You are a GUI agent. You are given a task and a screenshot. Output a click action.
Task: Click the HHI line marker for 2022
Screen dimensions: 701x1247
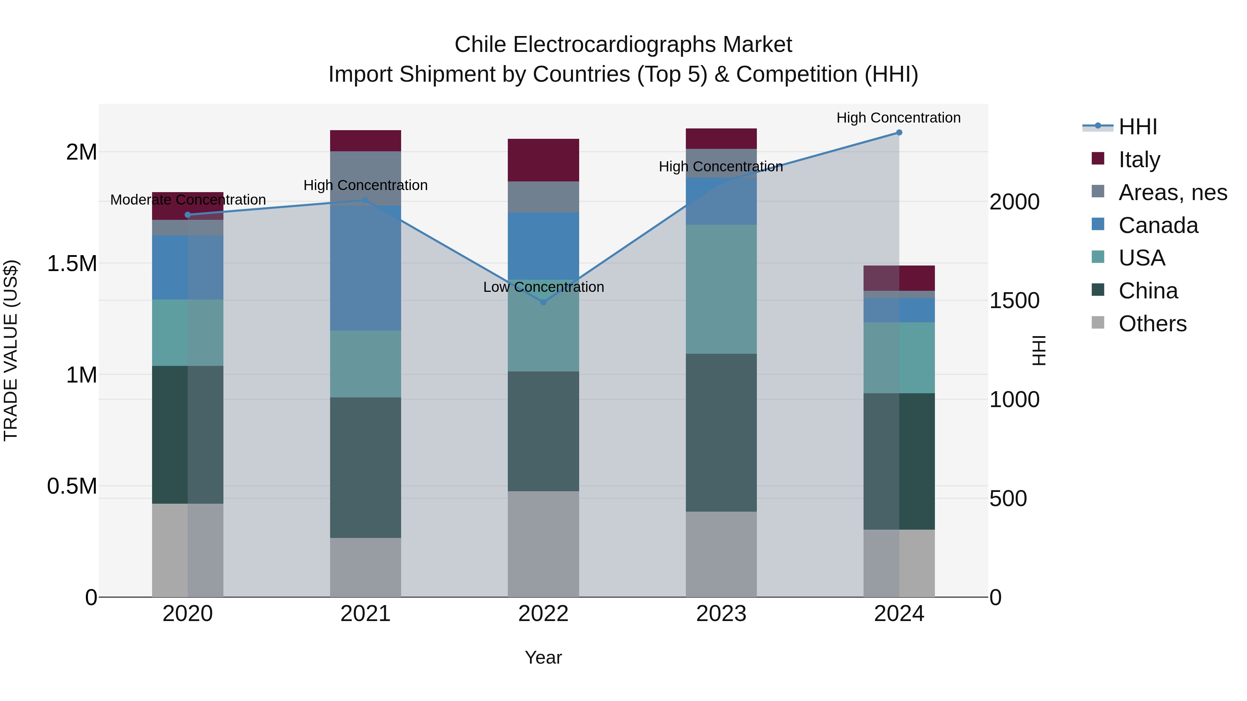pos(543,302)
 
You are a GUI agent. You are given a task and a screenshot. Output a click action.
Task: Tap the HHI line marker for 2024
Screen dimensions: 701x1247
pos(899,132)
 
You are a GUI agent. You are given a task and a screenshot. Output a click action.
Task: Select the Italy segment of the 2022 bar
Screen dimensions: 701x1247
pos(543,160)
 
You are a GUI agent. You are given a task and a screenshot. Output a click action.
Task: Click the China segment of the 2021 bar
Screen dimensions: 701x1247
pos(365,467)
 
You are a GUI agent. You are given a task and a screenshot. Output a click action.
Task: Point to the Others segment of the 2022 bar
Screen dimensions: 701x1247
pos(543,544)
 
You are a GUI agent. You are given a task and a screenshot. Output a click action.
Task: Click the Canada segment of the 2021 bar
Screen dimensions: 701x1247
pos(365,268)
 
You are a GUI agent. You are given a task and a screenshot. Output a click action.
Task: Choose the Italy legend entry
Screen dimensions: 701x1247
pos(1139,159)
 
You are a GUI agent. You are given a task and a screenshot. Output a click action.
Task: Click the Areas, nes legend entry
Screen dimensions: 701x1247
pos(1173,192)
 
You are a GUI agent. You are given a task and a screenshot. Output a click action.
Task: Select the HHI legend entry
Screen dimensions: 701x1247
pos(1138,126)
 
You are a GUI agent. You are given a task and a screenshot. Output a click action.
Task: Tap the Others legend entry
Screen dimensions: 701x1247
pos(1152,323)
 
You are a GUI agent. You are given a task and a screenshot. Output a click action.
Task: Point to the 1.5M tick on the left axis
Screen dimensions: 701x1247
pos(72,264)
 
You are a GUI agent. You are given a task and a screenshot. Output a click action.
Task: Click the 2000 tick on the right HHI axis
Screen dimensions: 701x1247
pos(1015,202)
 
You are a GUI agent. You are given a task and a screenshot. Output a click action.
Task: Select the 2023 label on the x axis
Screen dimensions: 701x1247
pos(721,614)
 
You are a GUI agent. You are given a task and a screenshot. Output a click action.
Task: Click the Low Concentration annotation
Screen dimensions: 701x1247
pos(543,287)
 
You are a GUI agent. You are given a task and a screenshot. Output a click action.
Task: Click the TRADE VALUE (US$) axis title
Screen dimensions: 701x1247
pos(11,350)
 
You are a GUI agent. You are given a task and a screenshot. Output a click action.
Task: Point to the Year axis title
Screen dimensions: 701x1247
pos(543,657)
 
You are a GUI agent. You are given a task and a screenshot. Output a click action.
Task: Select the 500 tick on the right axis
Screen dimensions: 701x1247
pos(1008,498)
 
